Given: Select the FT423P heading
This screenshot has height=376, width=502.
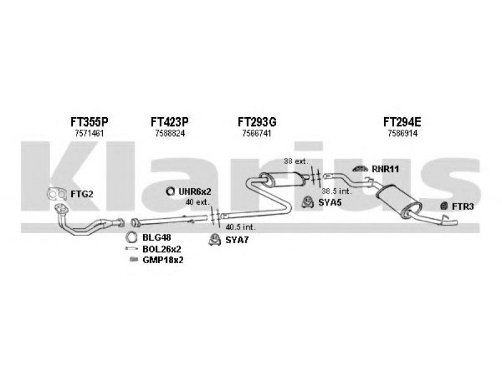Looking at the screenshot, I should (x=170, y=121).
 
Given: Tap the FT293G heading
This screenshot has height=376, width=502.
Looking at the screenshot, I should (x=257, y=121).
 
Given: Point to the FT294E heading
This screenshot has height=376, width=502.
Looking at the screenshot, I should (x=402, y=121).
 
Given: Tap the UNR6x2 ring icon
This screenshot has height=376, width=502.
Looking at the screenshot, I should (x=170, y=191).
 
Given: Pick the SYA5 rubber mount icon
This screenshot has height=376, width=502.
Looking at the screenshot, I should (x=308, y=201).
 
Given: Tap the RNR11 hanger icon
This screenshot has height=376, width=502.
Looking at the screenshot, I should (x=360, y=168).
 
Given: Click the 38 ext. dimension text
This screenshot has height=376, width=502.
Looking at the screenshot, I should (x=296, y=162).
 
